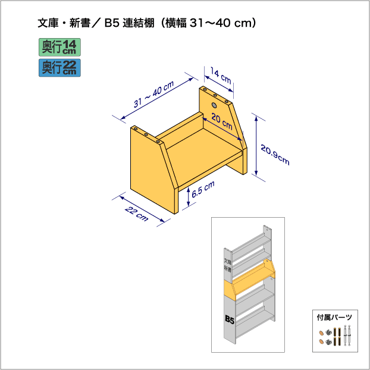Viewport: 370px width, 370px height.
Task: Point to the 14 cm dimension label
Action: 221,77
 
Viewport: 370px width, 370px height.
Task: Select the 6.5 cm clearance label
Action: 203,190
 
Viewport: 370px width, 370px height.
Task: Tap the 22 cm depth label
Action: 136,213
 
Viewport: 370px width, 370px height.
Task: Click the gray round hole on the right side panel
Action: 215,105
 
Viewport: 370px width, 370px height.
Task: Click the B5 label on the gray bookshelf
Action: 230,320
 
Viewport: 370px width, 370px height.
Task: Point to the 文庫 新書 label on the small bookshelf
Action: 227,265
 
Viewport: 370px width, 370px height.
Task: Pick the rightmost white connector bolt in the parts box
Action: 351,336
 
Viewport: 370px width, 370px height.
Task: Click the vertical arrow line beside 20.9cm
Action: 256,146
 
